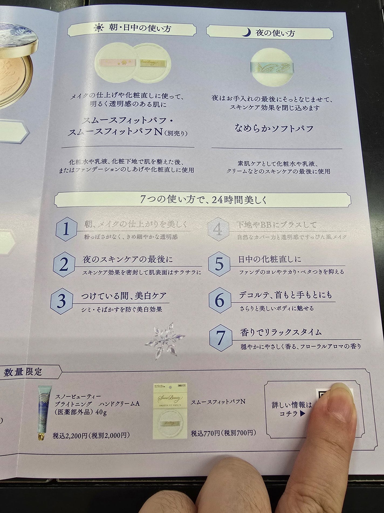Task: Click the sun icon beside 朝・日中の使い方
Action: [x=99, y=28]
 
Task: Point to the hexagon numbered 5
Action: [x=220, y=264]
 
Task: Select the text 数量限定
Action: [x=23, y=372]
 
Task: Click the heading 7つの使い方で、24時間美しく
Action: [x=203, y=199]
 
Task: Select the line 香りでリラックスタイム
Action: [x=280, y=332]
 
